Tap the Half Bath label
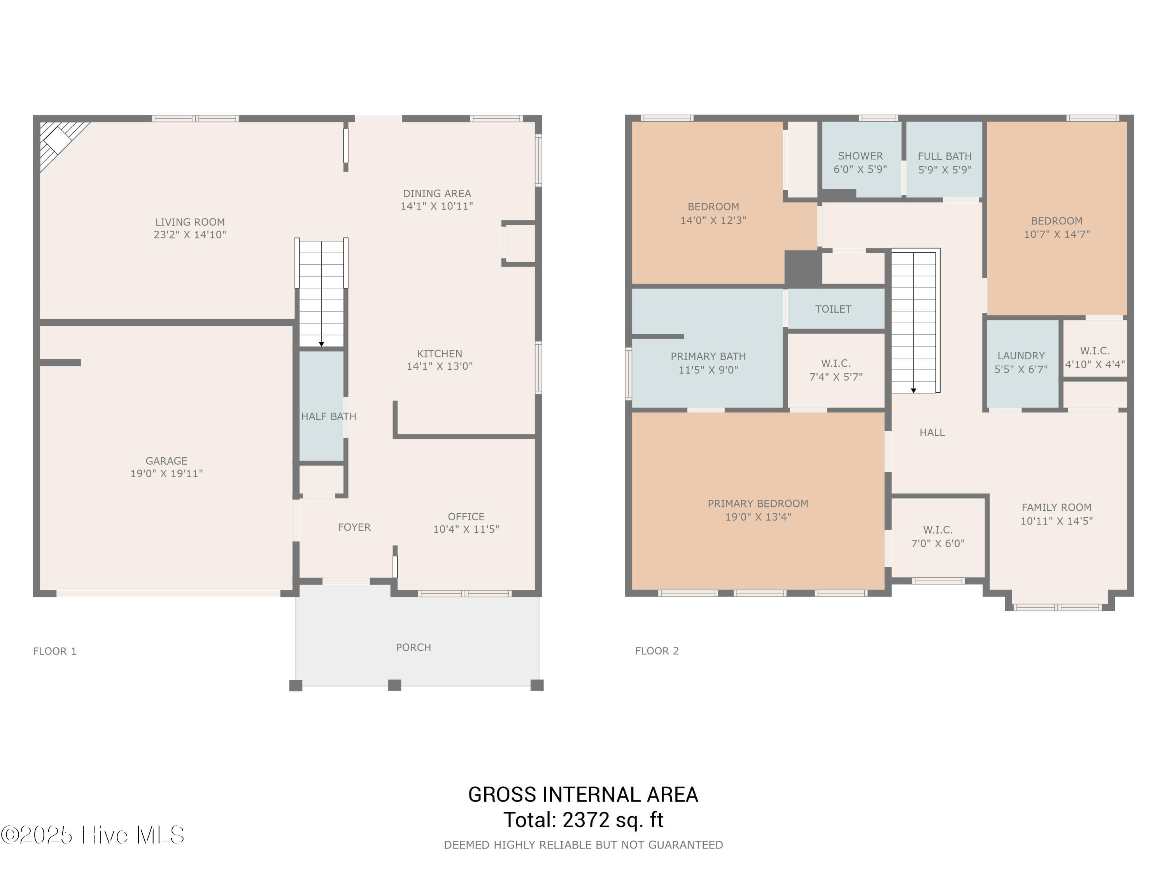click(329, 416)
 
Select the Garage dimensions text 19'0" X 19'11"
click(167, 474)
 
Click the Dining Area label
click(437, 194)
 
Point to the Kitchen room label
click(440, 354)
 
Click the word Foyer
click(354, 527)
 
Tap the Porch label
click(414, 647)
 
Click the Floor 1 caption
click(55, 651)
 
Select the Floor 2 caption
click(657, 651)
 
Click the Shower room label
click(860, 156)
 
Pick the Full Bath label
click(945, 157)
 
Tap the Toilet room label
click(833, 309)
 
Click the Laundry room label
click(1022, 356)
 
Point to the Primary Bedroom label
click(758, 504)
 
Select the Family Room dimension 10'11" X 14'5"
click(1057, 521)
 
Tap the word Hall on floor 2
click(932, 432)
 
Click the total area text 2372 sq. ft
click(613, 820)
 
